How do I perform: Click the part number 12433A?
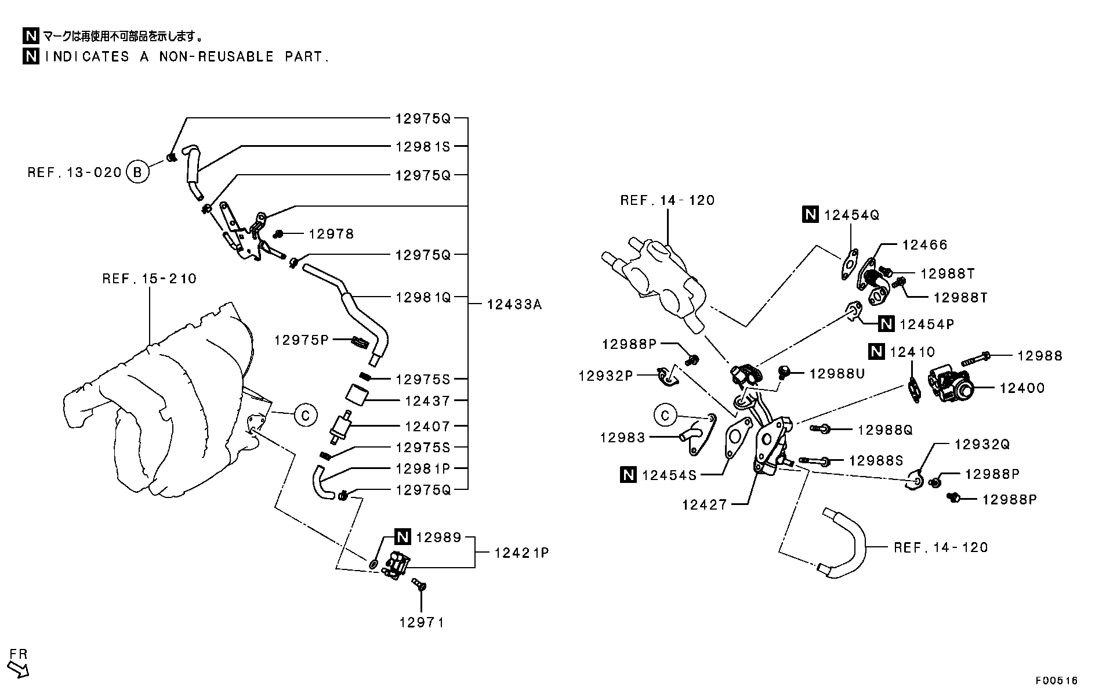(514, 304)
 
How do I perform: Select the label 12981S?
(423, 147)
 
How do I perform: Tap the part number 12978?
(331, 234)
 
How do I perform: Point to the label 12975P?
(302, 340)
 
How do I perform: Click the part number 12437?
(427, 401)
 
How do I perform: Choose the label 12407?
(427, 427)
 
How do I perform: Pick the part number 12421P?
(521, 553)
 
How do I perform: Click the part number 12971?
(422, 623)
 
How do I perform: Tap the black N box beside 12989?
(403, 538)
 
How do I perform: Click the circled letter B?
(137, 172)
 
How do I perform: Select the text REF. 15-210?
(150, 279)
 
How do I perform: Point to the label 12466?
(924, 245)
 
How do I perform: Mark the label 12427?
(704, 505)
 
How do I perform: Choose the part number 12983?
(622, 438)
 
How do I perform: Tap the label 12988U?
(837, 374)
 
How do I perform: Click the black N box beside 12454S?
(628, 475)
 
